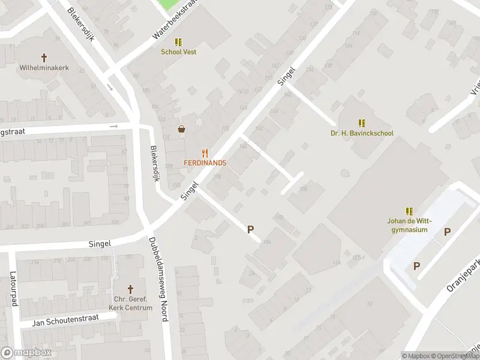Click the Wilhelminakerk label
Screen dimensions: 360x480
pos(44,68)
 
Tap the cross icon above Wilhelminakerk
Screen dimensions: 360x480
pos(44,58)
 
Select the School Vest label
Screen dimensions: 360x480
pos(178,52)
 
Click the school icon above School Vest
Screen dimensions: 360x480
pos(178,42)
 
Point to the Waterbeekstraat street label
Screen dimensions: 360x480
pos(174,20)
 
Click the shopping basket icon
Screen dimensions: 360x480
pos(181,129)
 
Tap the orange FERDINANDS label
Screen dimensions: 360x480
pos(205,163)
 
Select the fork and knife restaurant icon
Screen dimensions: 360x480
pos(205,153)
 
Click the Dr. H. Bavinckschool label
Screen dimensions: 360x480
pos(362,133)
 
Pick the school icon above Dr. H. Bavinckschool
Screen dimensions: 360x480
pos(362,123)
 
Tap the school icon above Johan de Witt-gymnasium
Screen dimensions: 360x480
pos(409,211)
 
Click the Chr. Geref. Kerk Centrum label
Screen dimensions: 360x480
pos(130,304)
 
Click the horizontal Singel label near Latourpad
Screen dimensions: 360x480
pos(100,244)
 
